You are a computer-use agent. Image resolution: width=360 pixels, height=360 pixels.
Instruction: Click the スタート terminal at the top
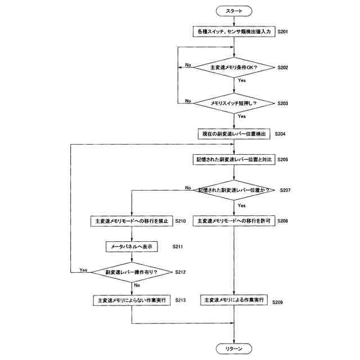pos(234,11)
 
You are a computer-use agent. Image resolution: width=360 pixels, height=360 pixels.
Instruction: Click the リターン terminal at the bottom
pos(234,349)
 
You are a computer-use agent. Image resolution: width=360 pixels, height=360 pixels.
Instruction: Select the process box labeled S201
pos(234,32)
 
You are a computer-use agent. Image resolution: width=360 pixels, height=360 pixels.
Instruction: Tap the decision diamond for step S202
pos(234,67)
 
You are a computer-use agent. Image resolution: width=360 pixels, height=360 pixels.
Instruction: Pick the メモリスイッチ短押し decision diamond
pos(234,103)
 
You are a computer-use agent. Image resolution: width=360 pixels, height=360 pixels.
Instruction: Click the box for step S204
pos(234,134)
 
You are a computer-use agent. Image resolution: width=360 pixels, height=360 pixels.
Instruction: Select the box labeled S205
pos(234,160)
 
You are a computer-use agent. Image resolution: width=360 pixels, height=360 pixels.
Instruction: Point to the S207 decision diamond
pos(234,190)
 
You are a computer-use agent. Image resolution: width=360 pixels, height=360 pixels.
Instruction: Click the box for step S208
pos(234,222)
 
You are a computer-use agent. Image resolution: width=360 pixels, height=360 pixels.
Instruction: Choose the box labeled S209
pos(234,300)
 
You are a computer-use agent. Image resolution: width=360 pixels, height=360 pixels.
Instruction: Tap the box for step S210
pos(132,222)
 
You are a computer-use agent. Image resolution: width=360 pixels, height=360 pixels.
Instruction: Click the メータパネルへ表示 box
pos(132,246)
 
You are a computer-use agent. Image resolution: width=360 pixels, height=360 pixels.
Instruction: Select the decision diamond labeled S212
pos(132,272)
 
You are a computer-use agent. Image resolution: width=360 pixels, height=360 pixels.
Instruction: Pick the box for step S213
pos(132,300)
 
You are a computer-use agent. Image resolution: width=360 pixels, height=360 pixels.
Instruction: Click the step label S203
pos(283,103)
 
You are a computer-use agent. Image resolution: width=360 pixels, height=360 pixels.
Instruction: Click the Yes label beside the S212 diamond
pos(83,270)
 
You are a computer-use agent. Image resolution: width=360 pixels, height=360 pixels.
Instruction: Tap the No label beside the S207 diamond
pos(188,187)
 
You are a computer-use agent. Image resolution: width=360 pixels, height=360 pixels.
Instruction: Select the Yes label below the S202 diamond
pos(241,81)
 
